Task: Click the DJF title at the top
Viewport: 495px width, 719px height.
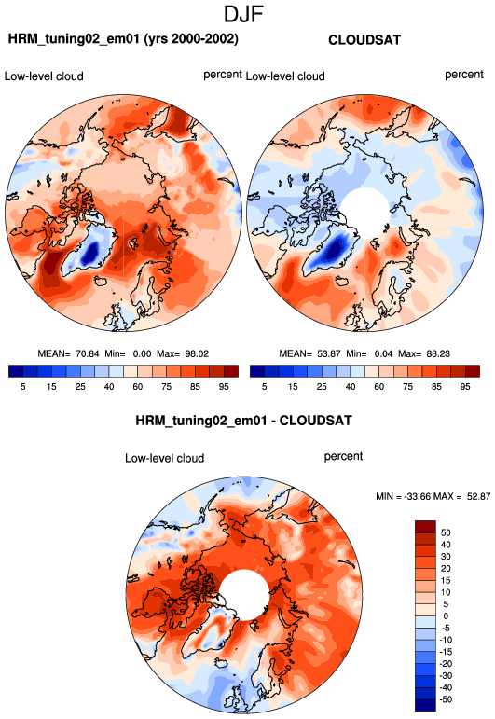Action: (243, 14)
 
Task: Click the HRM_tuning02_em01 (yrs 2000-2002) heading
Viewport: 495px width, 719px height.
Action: (123, 39)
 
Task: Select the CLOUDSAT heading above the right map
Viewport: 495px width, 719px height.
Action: (364, 40)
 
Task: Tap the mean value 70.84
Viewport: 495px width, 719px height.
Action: (87, 353)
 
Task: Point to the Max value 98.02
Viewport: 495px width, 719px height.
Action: (197, 353)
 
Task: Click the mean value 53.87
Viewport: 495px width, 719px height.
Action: (329, 353)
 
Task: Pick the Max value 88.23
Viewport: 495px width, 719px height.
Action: (438, 353)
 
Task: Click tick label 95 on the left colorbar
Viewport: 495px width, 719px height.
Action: (224, 387)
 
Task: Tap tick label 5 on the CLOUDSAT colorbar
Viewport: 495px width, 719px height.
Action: (265, 387)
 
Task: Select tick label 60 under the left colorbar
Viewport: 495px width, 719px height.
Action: (138, 387)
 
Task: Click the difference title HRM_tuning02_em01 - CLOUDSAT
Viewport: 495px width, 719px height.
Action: (243, 421)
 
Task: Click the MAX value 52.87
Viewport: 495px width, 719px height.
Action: (478, 496)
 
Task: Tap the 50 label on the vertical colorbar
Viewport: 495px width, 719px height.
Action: (446, 532)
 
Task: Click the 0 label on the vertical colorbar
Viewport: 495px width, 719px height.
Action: (446, 615)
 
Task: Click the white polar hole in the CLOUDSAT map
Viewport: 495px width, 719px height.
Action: (365, 211)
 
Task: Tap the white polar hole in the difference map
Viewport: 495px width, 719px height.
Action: (244, 595)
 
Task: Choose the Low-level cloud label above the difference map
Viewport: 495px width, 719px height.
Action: (165, 458)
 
